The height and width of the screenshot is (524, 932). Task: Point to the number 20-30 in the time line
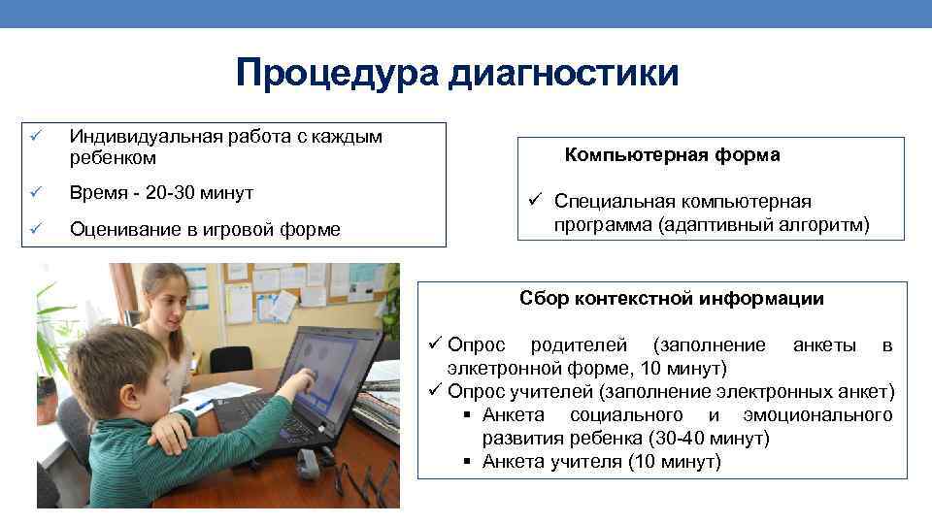click(x=169, y=193)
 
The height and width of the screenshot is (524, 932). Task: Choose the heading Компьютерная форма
click(x=673, y=155)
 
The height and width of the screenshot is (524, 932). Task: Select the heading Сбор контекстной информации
click(x=672, y=299)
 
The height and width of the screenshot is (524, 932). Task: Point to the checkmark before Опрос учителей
click(x=436, y=391)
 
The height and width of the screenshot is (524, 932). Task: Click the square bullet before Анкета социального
click(x=467, y=415)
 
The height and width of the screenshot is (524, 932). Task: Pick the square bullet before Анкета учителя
click(x=467, y=462)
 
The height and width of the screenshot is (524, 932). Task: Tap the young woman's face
click(x=166, y=309)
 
